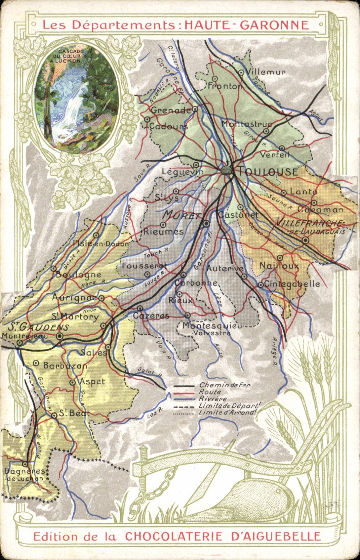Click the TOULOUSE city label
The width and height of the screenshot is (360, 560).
pos(268,172)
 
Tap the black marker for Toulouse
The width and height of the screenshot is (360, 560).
pos(228,170)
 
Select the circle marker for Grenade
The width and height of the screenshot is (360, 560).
pos(195,109)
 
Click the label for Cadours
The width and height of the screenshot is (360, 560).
pos(168,127)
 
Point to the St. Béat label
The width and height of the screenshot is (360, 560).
pos(74,413)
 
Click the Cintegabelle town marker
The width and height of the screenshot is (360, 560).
pos(261,285)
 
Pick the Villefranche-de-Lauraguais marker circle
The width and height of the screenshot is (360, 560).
pos(305,240)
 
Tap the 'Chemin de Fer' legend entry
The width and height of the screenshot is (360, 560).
pos(224,385)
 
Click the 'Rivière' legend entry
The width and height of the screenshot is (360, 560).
pos(212,399)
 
